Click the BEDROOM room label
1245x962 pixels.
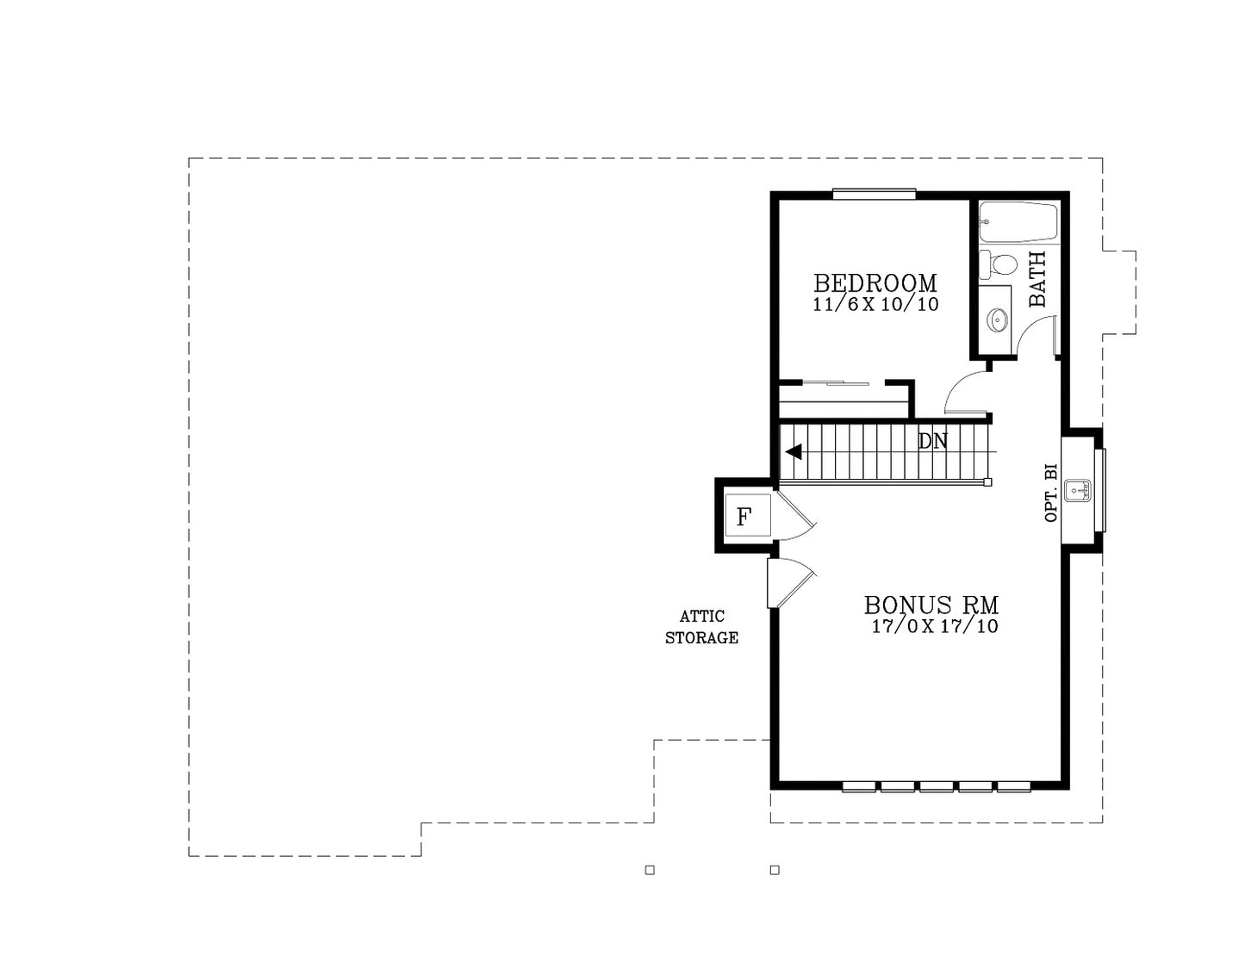pos(875,282)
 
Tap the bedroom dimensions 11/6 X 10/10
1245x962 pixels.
pos(875,304)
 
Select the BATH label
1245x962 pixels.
pos(1037,279)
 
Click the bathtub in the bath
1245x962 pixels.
pos(1018,221)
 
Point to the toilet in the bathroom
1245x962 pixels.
pos(998,264)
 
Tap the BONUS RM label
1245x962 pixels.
pos(931,605)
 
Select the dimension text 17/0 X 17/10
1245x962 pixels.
pos(935,626)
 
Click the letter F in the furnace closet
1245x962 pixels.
pos(743,517)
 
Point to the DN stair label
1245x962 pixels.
pos(933,441)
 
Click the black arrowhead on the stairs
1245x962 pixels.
pos(794,452)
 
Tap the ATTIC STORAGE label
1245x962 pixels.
pos(701,627)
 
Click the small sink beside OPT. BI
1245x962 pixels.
pos(1077,491)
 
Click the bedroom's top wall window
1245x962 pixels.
pos(874,194)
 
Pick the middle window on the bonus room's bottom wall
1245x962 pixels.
pos(937,787)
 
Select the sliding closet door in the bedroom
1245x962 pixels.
pos(836,382)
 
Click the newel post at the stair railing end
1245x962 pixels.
pos(987,482)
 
